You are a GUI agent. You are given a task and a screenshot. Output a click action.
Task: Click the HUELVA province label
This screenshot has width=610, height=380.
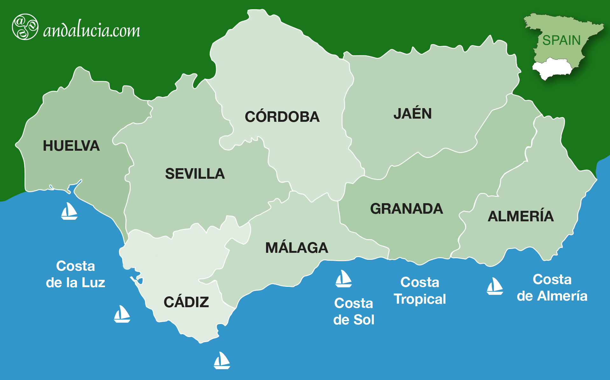click(x=71, y=146)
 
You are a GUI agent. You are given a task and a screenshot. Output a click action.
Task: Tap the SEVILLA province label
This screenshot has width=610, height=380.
click(x=195, y=174)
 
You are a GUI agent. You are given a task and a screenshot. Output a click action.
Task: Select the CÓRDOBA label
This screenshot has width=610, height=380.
click(x=282, y=117)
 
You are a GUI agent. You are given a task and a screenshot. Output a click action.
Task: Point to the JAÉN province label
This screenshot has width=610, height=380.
click(x=412, y=114)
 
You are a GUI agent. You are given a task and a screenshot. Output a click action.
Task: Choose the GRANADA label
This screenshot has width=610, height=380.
click(x=406, y=209)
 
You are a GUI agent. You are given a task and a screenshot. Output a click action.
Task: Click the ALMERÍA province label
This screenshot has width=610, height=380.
click(x=521, y=216)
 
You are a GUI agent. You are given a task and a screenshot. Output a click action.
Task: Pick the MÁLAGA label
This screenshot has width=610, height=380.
click(x=297, y=248)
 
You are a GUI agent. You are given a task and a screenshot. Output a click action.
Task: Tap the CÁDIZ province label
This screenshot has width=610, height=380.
click(x=186, y=302)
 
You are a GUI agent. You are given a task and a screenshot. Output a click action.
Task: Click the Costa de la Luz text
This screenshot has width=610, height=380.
click(x=75, y=274)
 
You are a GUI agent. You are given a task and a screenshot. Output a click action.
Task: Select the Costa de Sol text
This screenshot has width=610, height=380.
click(x=354, y=312)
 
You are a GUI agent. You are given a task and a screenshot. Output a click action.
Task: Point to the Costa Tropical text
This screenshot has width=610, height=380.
click(x=420, y=291)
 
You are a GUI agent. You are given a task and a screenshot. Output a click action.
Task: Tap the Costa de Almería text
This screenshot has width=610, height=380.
click(x=552, y=288)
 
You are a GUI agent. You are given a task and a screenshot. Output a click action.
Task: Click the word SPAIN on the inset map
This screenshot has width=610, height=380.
click(x=561, y=40)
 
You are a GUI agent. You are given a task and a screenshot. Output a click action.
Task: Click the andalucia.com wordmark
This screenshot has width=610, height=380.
click(x=92, y=31)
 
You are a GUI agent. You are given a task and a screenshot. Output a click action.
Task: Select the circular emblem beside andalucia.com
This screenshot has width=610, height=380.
click(x=25, y=27)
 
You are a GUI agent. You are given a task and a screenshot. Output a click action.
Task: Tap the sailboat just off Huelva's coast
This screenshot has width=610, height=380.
click(x=69, y=211)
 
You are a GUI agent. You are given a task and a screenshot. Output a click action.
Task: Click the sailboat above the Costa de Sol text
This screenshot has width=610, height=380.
click(x=343, y=279)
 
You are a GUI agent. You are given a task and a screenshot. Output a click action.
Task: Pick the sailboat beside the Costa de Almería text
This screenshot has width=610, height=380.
click(x=494, y=286)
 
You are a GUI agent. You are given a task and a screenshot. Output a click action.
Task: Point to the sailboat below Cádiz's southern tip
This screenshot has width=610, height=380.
click(x=221, y=361)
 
